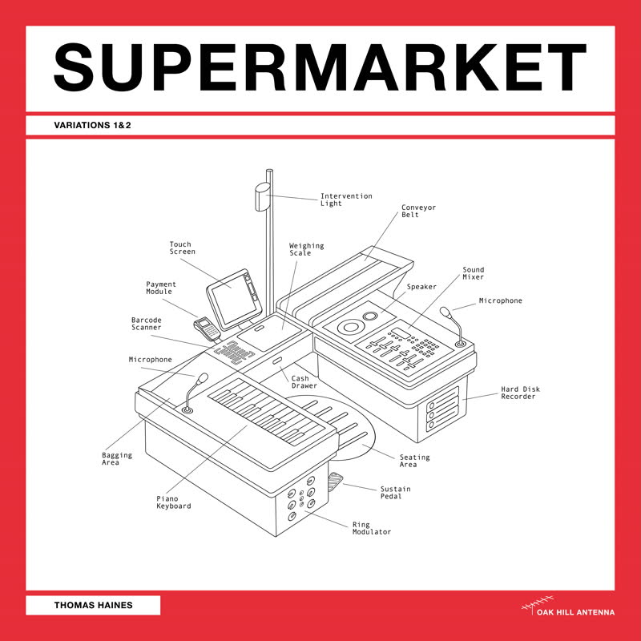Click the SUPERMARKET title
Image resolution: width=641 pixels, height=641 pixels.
coord(320,67)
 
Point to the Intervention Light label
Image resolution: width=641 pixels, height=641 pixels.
coord(345,200)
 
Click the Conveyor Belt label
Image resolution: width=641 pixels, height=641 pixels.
coord(418,211)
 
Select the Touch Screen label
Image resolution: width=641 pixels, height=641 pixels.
coord(182,248)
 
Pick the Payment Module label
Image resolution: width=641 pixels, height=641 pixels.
coord(161,288)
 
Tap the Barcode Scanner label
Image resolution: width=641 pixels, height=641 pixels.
coord(147,324)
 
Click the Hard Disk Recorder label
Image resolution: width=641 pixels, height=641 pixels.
coord(520,393)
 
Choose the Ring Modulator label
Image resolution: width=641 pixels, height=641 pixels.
coord(371,528)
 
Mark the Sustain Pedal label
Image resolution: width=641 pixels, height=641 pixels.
coord(396,492)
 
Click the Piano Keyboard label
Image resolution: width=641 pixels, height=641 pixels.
coord(173,502)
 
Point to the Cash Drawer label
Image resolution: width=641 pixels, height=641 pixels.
coord(304,382)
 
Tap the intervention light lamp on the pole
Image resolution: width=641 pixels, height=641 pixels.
coord(261,197)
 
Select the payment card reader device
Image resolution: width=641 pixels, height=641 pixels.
coord(206,326)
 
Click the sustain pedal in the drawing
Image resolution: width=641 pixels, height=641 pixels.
coord(337,484)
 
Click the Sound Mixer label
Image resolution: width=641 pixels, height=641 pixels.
coord(473,273)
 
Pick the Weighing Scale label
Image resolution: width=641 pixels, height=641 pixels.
coord(306,249)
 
